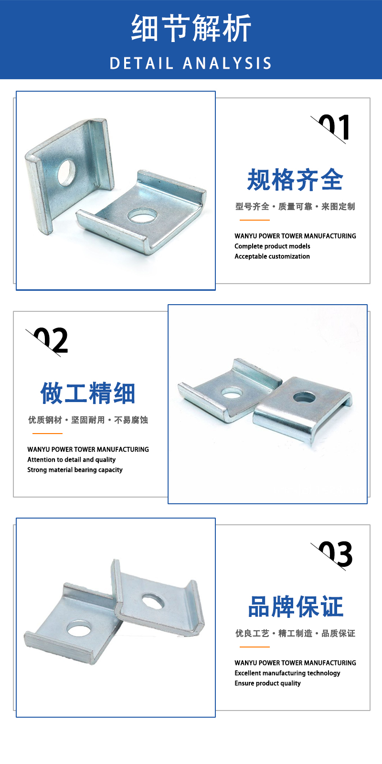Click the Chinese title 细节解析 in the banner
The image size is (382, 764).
pyautogui.click(x=191, y=28)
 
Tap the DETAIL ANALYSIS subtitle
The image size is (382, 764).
pyautogui.click(x=191, y=64)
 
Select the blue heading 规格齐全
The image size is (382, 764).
pyautogui.click(x=295, y=180)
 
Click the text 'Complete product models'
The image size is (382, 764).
pyautogui.click(x=272, y=246)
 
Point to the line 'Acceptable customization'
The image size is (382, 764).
pyautogui.click(x=272, y=256)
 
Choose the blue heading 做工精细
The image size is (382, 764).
pyautogui.click(x=88, y=393)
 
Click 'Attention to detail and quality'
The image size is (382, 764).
pyautogui.click(x=71, y=460)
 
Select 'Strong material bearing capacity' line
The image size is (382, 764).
pyautogui.click(x=74, y=470)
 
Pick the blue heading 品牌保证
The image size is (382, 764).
pyautogui.click(x=296, y=606)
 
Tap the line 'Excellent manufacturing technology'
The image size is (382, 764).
pyautogui.click(x=287, y=673)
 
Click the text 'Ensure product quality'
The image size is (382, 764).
pyautogui.click(x=267, y=683)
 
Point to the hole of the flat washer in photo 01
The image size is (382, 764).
pyautogui.click(x=143, y=215)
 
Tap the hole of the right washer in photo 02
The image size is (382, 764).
pyautogui.click(x=304, y=397)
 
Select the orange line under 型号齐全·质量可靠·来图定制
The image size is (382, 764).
pyautogui.click(x=255, y=220)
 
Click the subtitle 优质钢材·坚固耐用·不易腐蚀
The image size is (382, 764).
pyautogui.click(x=88, y=420)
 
